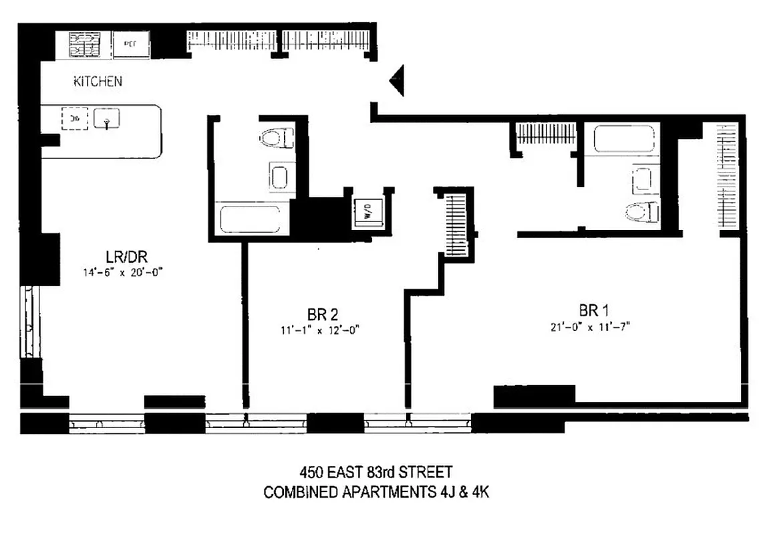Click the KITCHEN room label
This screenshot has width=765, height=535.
coord(98,82)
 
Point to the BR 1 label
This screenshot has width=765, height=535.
coord(594,310)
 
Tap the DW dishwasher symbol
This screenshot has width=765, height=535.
coord(75,119)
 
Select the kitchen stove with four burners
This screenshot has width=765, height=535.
coord(85,45)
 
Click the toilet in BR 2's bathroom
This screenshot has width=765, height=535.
coord(276,138)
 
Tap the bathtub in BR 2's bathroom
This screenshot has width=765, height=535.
coord(250,219)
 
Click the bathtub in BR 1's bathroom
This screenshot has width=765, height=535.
coord(625,140)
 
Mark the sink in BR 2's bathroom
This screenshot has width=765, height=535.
coord(279,177)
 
